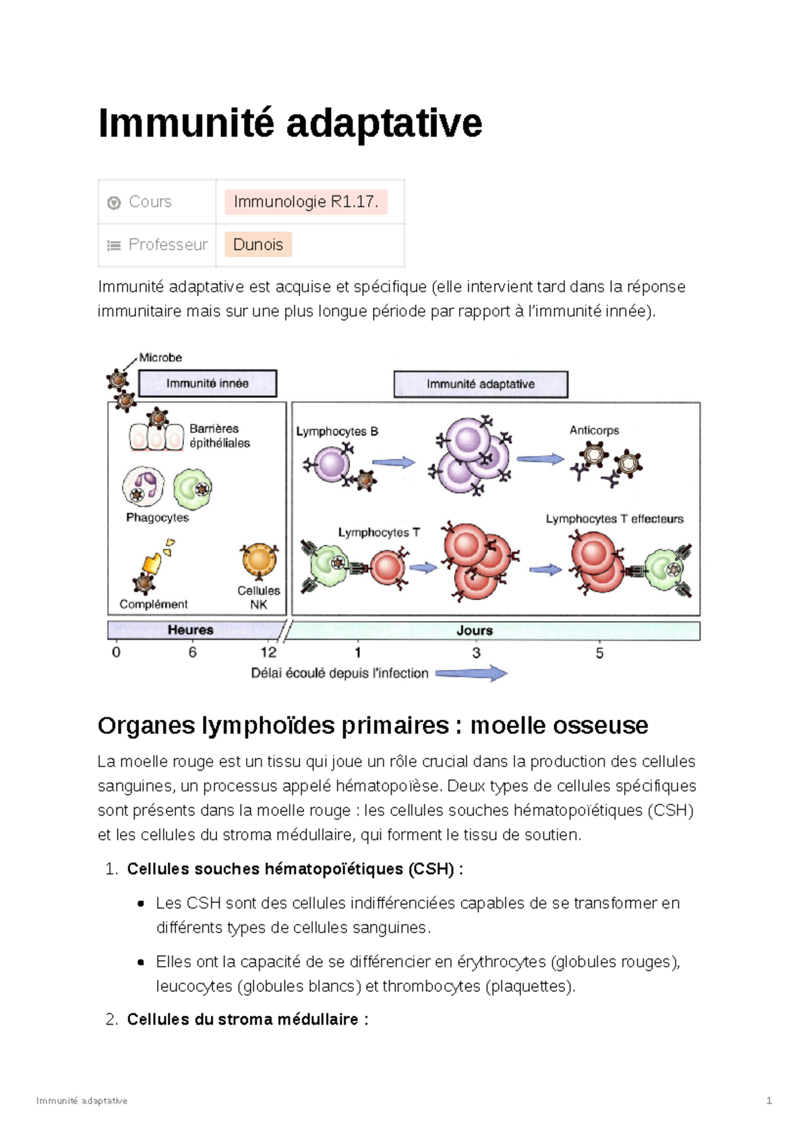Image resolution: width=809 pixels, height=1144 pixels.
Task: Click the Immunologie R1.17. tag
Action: coord(305,202)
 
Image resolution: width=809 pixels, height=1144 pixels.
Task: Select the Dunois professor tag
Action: coord(258,245)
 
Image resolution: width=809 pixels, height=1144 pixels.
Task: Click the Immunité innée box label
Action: coord(208,384)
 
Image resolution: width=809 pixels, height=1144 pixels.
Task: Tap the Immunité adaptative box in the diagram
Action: coord(480,384)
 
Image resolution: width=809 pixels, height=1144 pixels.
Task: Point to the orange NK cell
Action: coord(259,560)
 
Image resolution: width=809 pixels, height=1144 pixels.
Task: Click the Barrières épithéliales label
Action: coord(219,435)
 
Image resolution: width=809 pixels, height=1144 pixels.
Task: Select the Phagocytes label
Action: coord(157,518)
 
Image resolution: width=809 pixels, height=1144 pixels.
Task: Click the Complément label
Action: coord(154,604)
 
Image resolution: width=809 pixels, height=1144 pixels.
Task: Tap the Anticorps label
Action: coord(594,430)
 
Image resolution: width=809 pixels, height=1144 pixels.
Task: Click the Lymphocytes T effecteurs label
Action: coord(614,518)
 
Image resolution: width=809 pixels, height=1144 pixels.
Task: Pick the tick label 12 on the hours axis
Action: coord(268,652)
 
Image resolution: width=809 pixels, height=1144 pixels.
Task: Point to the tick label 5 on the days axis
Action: coord(599,653)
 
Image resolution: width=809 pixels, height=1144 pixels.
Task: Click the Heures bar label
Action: coord(190,630)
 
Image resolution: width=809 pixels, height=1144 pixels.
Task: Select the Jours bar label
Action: coord(475,630)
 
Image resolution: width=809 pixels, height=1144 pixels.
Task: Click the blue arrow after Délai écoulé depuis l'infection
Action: coord(472,673)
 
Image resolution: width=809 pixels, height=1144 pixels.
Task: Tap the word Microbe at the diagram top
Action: coord(160,357)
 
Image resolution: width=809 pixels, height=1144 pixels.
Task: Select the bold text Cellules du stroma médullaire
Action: coord(243,1019)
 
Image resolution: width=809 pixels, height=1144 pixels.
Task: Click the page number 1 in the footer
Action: coord(769,1101)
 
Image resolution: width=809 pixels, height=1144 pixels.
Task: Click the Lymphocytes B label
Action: coord(337,431)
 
